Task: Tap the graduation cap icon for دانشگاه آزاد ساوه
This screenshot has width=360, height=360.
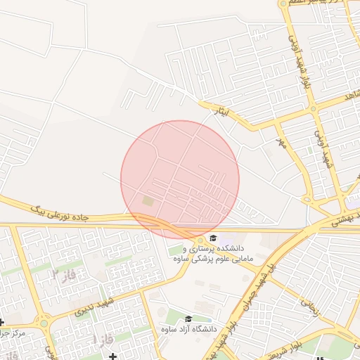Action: click(x=188, y=319)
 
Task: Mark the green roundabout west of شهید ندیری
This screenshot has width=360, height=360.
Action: click(x=44, y=323)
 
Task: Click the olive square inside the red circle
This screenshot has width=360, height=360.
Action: click(x=147, y=201)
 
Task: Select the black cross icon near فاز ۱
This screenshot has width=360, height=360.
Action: click(x=112, y=356)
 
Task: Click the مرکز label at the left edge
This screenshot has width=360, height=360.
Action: click(x=14, y=332)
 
